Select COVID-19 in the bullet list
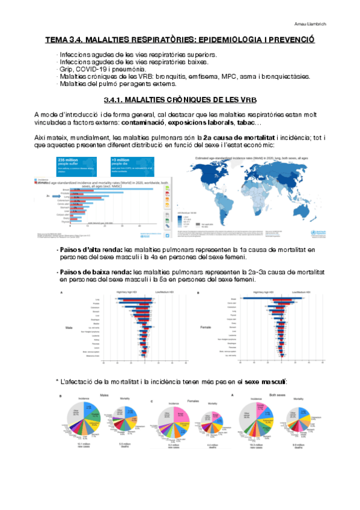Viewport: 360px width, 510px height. pyautogui.click(x=85, y=69)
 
